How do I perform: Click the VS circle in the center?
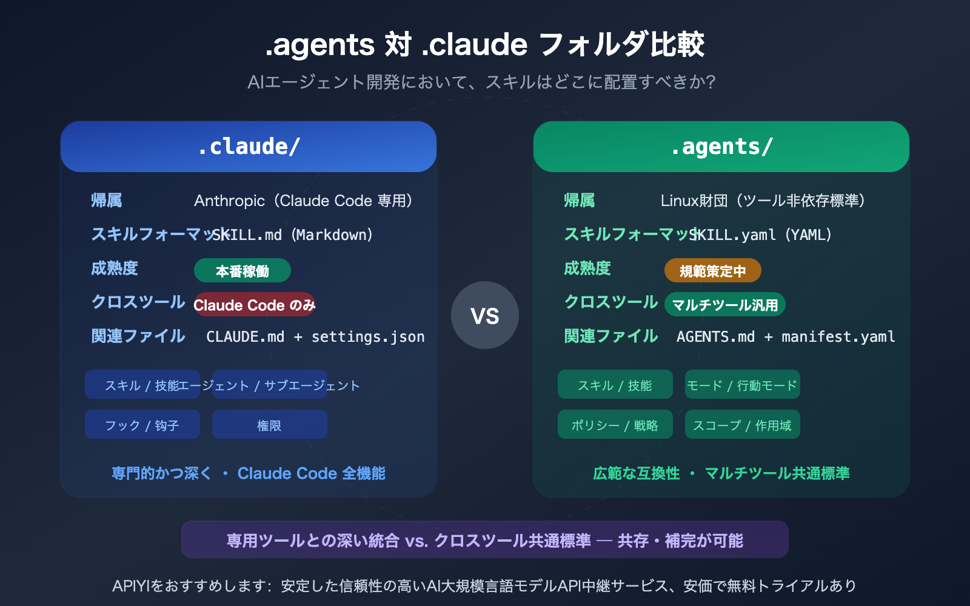484,315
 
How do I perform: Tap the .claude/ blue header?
249,147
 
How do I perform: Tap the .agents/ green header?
721,147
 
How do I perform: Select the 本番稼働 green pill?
242,271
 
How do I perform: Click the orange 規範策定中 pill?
712,271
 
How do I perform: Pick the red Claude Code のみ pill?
255,305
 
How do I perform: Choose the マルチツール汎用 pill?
724,305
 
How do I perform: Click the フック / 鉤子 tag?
142,425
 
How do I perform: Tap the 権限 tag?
269,425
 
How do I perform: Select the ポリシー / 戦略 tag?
615,425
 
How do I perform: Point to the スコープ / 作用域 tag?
742,425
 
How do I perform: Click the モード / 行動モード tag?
742,385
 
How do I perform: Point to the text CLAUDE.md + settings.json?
315,337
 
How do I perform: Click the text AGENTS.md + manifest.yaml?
786,337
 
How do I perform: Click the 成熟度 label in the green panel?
587,268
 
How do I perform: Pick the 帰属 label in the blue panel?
107,201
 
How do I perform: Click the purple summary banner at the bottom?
485,540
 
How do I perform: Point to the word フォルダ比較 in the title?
621,44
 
